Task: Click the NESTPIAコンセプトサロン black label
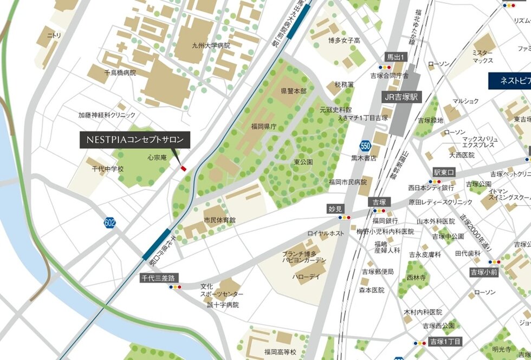pyautogui.click(x=135, y=140)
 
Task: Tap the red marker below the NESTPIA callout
pyautogui.click(x=183, y=169)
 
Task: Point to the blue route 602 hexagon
pyautogui.click(x=111, y=222)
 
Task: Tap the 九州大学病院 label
pyautogui.click(x=211, y=45)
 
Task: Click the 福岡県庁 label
pyautogui.click(x=263, y=126)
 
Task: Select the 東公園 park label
pyautogui.click(x=303, y=162)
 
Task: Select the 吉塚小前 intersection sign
pyautogui.click(x=483, y=272)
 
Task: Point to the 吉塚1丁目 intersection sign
pyautogui.click(x=445, y=342)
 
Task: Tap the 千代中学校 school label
pyautogui.click(x=107, y=169)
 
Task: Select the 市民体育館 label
pyautogui.click(x=220, y=220)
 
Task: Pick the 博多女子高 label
pyautogui.click(x=344, y=40)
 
